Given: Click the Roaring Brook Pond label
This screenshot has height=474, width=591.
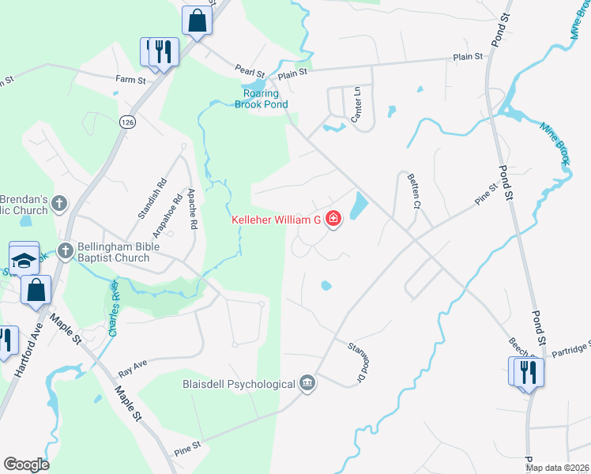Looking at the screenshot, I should pyautogui.click(x=261, y=99).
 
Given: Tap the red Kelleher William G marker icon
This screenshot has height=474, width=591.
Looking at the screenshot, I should pyautogui.click(x=333, y=219).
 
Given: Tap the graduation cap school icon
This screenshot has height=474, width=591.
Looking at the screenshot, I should pyautogui.click(x=24, y=259).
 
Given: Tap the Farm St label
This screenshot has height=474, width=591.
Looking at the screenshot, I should pyautogui.click(x=130, y=80).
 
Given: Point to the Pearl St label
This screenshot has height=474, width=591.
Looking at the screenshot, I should pyautogui.click(x=248, y=70).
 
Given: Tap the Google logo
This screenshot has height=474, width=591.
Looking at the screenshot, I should pyautogui.click(x=27, y=465).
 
